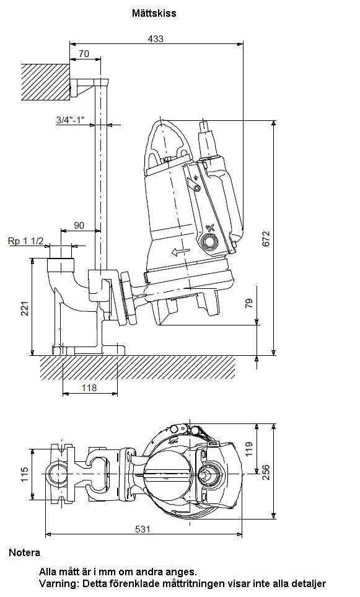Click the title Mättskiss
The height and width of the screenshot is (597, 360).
click(154, 13)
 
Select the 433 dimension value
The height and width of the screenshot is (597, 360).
click(156, 38)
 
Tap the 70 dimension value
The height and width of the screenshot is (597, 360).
click(84, 54)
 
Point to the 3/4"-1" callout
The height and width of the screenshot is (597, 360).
click(70, 120)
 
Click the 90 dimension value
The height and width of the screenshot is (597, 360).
click(79, 226)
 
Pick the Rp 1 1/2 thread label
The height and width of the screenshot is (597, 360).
click(26, 241)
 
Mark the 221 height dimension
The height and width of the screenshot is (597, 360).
click(25, 308)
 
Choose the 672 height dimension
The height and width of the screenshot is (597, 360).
click(266, 239)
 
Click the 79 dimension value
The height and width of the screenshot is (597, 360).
click(249, 303)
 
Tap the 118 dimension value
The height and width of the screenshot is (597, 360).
click(89, 387)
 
